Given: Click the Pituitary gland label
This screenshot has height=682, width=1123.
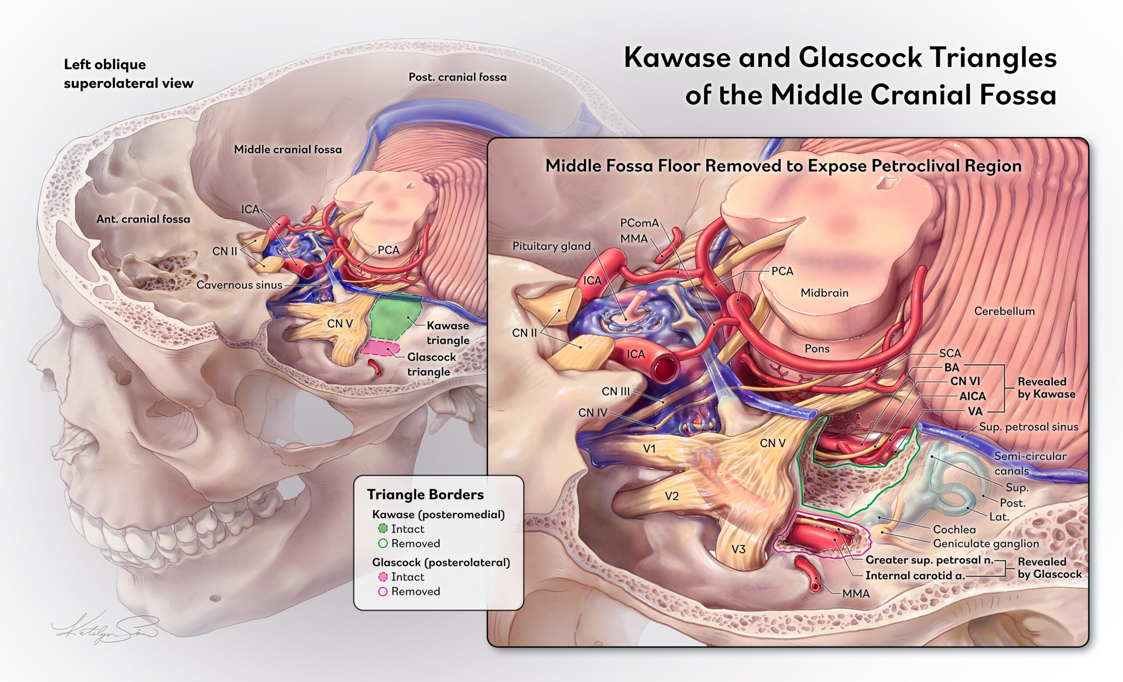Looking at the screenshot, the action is tap(551, 247).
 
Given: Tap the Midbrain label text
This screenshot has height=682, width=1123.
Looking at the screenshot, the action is tap(824, 293).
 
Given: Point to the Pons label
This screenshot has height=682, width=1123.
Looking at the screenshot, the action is tap(817, 349).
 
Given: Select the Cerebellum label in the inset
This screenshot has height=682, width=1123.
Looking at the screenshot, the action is tap(1005, 311).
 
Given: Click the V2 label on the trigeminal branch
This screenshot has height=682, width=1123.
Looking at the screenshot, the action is tap(672, 496).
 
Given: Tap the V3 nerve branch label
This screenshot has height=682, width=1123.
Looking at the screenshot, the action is tap(738, 549).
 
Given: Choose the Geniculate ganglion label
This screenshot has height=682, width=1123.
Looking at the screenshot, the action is tap(986, 544).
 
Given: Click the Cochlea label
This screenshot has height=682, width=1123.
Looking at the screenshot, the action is tap(955, 529).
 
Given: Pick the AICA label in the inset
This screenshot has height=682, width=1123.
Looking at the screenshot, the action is tap(972, 396).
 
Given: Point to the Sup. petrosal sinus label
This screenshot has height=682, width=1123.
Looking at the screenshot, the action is tap(1029, 427).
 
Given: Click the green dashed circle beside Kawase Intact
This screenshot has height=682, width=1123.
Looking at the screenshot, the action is tap(383, 528).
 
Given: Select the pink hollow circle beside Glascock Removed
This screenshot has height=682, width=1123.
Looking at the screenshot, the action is tap(383, 591).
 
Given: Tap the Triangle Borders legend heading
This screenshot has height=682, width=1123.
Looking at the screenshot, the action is tap(425, 495).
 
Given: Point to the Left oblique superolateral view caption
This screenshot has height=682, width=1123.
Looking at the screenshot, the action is tap(129, 74).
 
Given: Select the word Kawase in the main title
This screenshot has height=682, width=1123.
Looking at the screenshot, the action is tap(677, 58).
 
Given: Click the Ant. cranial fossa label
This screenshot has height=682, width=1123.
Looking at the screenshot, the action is tap(143, 219).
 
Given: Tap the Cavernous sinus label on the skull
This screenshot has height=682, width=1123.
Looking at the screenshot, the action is tap(239, 285).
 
